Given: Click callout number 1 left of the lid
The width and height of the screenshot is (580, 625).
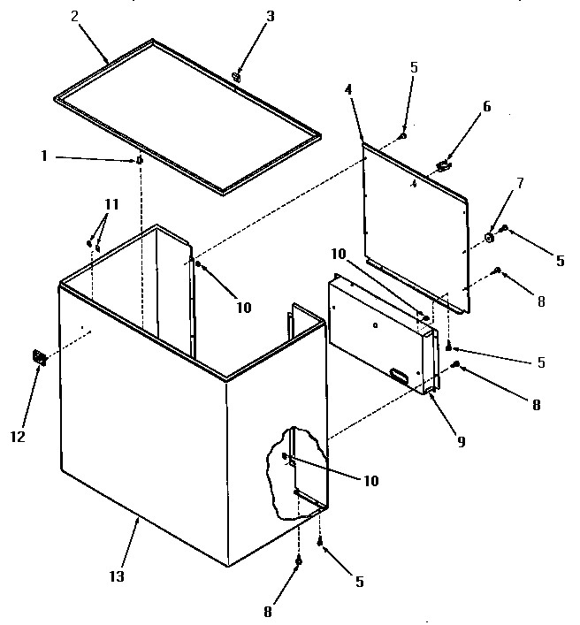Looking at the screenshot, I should (43, 156).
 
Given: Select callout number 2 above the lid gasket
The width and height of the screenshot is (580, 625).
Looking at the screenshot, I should (74, 17).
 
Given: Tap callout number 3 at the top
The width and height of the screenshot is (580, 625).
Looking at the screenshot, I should (270, 16).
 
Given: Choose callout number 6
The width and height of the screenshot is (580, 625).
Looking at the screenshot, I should (486, 106).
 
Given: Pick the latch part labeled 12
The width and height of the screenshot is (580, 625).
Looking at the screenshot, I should (39, 357).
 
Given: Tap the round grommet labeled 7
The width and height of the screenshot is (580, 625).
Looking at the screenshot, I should (488, 237).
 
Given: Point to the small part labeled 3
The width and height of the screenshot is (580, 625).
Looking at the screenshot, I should (237, 77).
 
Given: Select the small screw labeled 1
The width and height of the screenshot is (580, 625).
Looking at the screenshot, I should (140, 160).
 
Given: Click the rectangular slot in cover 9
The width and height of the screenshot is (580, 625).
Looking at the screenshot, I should (399, 377).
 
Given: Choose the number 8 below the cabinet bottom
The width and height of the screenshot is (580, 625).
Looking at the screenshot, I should (268, 611).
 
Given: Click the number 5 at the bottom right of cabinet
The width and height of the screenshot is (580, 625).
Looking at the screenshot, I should (358, 582).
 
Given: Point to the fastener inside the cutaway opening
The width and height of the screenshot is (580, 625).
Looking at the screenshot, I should (286, 457).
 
